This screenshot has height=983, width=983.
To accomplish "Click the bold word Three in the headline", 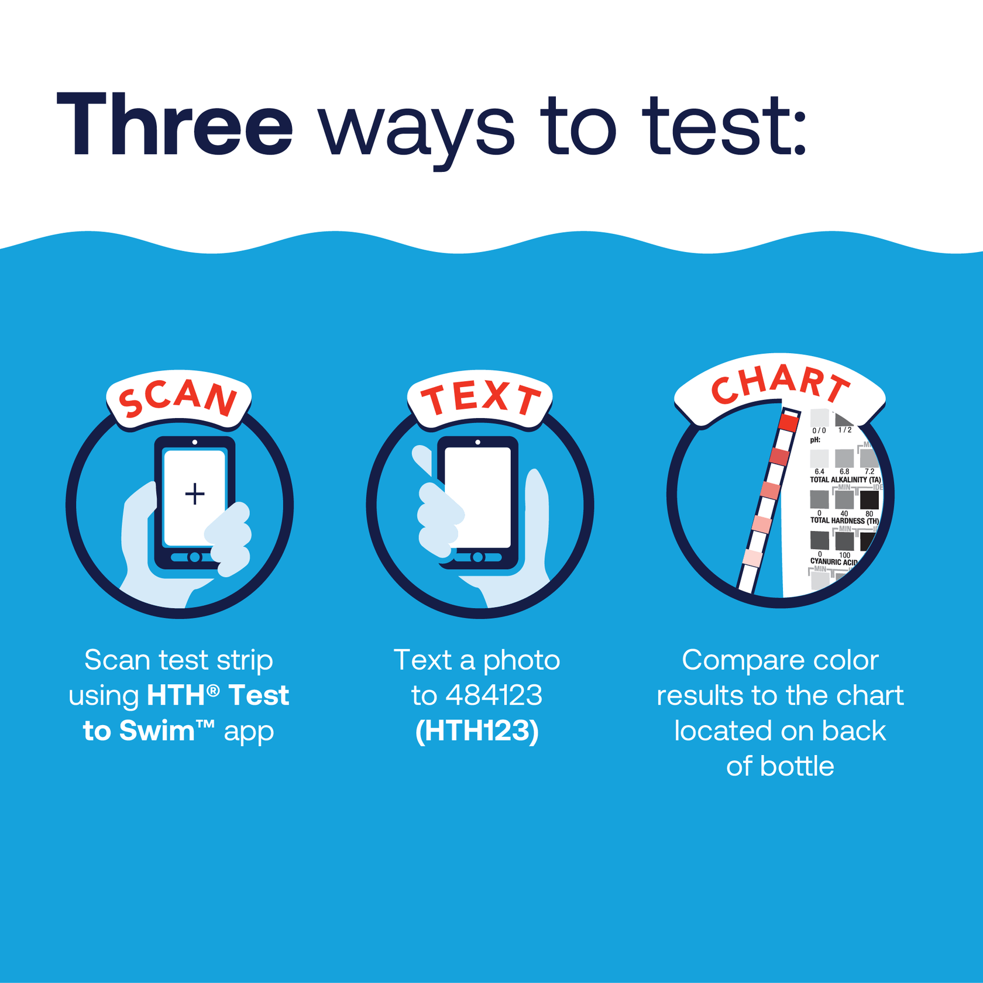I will click(174, 125).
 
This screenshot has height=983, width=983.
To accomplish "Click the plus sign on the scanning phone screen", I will click(195, 494).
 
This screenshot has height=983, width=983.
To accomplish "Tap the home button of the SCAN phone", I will click(195, 557).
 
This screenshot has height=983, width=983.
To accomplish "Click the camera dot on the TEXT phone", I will click(478, 442).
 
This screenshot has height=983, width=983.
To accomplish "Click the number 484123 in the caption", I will click(494, 695).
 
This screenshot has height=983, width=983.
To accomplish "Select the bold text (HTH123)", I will click(477, 730).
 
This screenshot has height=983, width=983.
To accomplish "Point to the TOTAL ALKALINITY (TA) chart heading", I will click(845, 480).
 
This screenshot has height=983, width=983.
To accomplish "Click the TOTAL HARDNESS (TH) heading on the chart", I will click(844, 520).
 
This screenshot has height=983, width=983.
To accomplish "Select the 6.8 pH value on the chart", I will click(844, 471).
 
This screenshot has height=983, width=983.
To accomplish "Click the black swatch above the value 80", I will click(869, 500).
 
